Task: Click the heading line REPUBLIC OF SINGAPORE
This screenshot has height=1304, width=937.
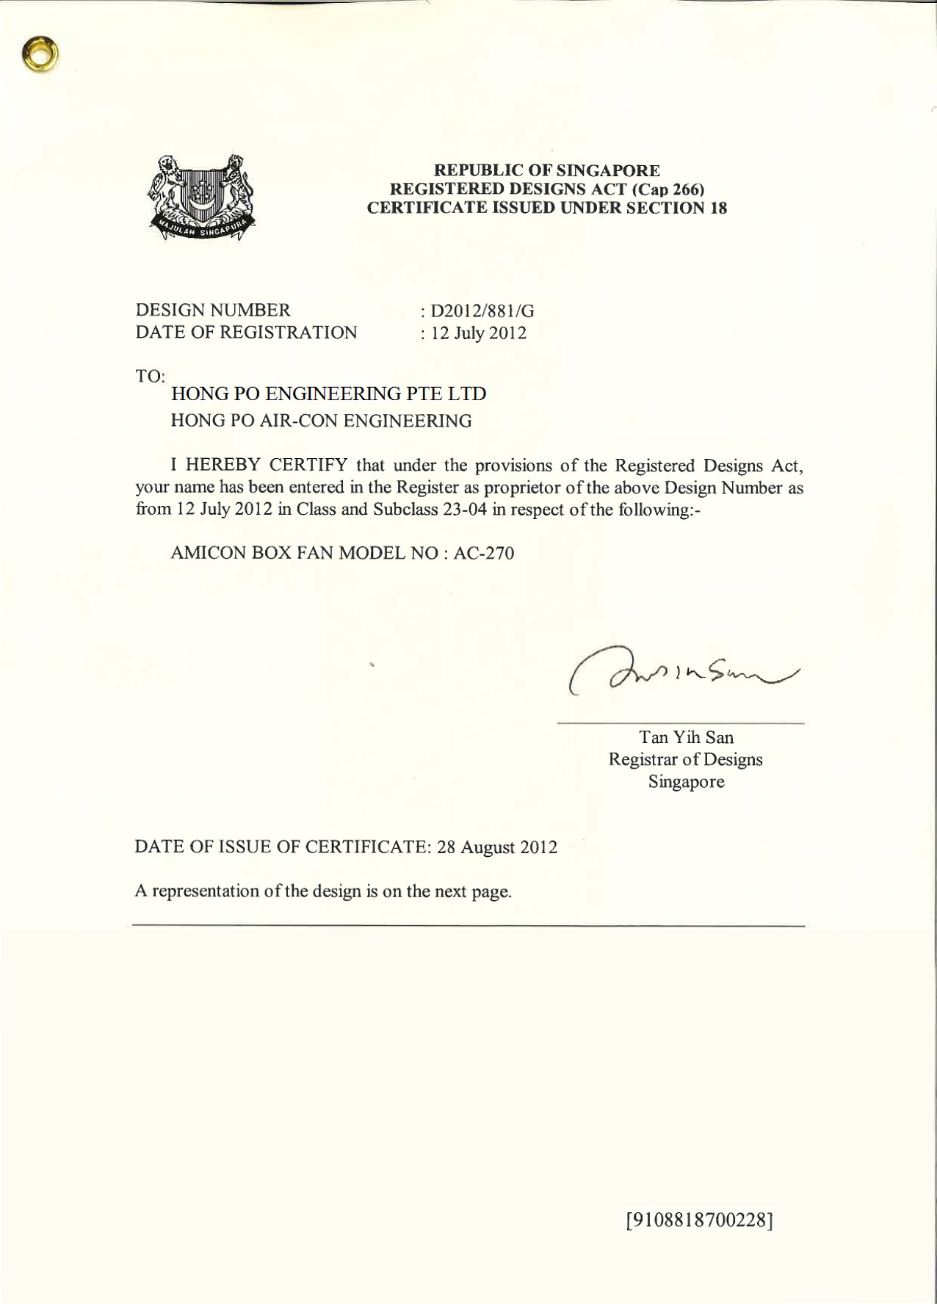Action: (x=547, y=170)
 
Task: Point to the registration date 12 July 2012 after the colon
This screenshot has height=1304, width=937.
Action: (x=478, y=333)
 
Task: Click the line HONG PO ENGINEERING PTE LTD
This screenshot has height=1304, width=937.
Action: (x=328, y=394)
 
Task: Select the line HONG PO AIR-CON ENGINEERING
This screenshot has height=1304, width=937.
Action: (x=321, y=421)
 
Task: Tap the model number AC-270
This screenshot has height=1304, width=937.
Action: (x=484, y=553)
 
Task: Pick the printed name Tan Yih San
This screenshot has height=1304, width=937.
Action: (x=686, y=737)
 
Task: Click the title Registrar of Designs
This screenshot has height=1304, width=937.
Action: (x=685, y=759)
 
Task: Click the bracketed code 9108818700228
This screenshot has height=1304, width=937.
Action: (x=699, y=1220)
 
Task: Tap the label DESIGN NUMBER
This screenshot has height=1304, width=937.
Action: (x=213, y=311)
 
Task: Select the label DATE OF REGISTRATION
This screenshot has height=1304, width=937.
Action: (x=246, y=333)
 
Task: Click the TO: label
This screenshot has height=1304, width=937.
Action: (x=150, y=376)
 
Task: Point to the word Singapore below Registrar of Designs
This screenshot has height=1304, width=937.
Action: (x=686, y=781)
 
